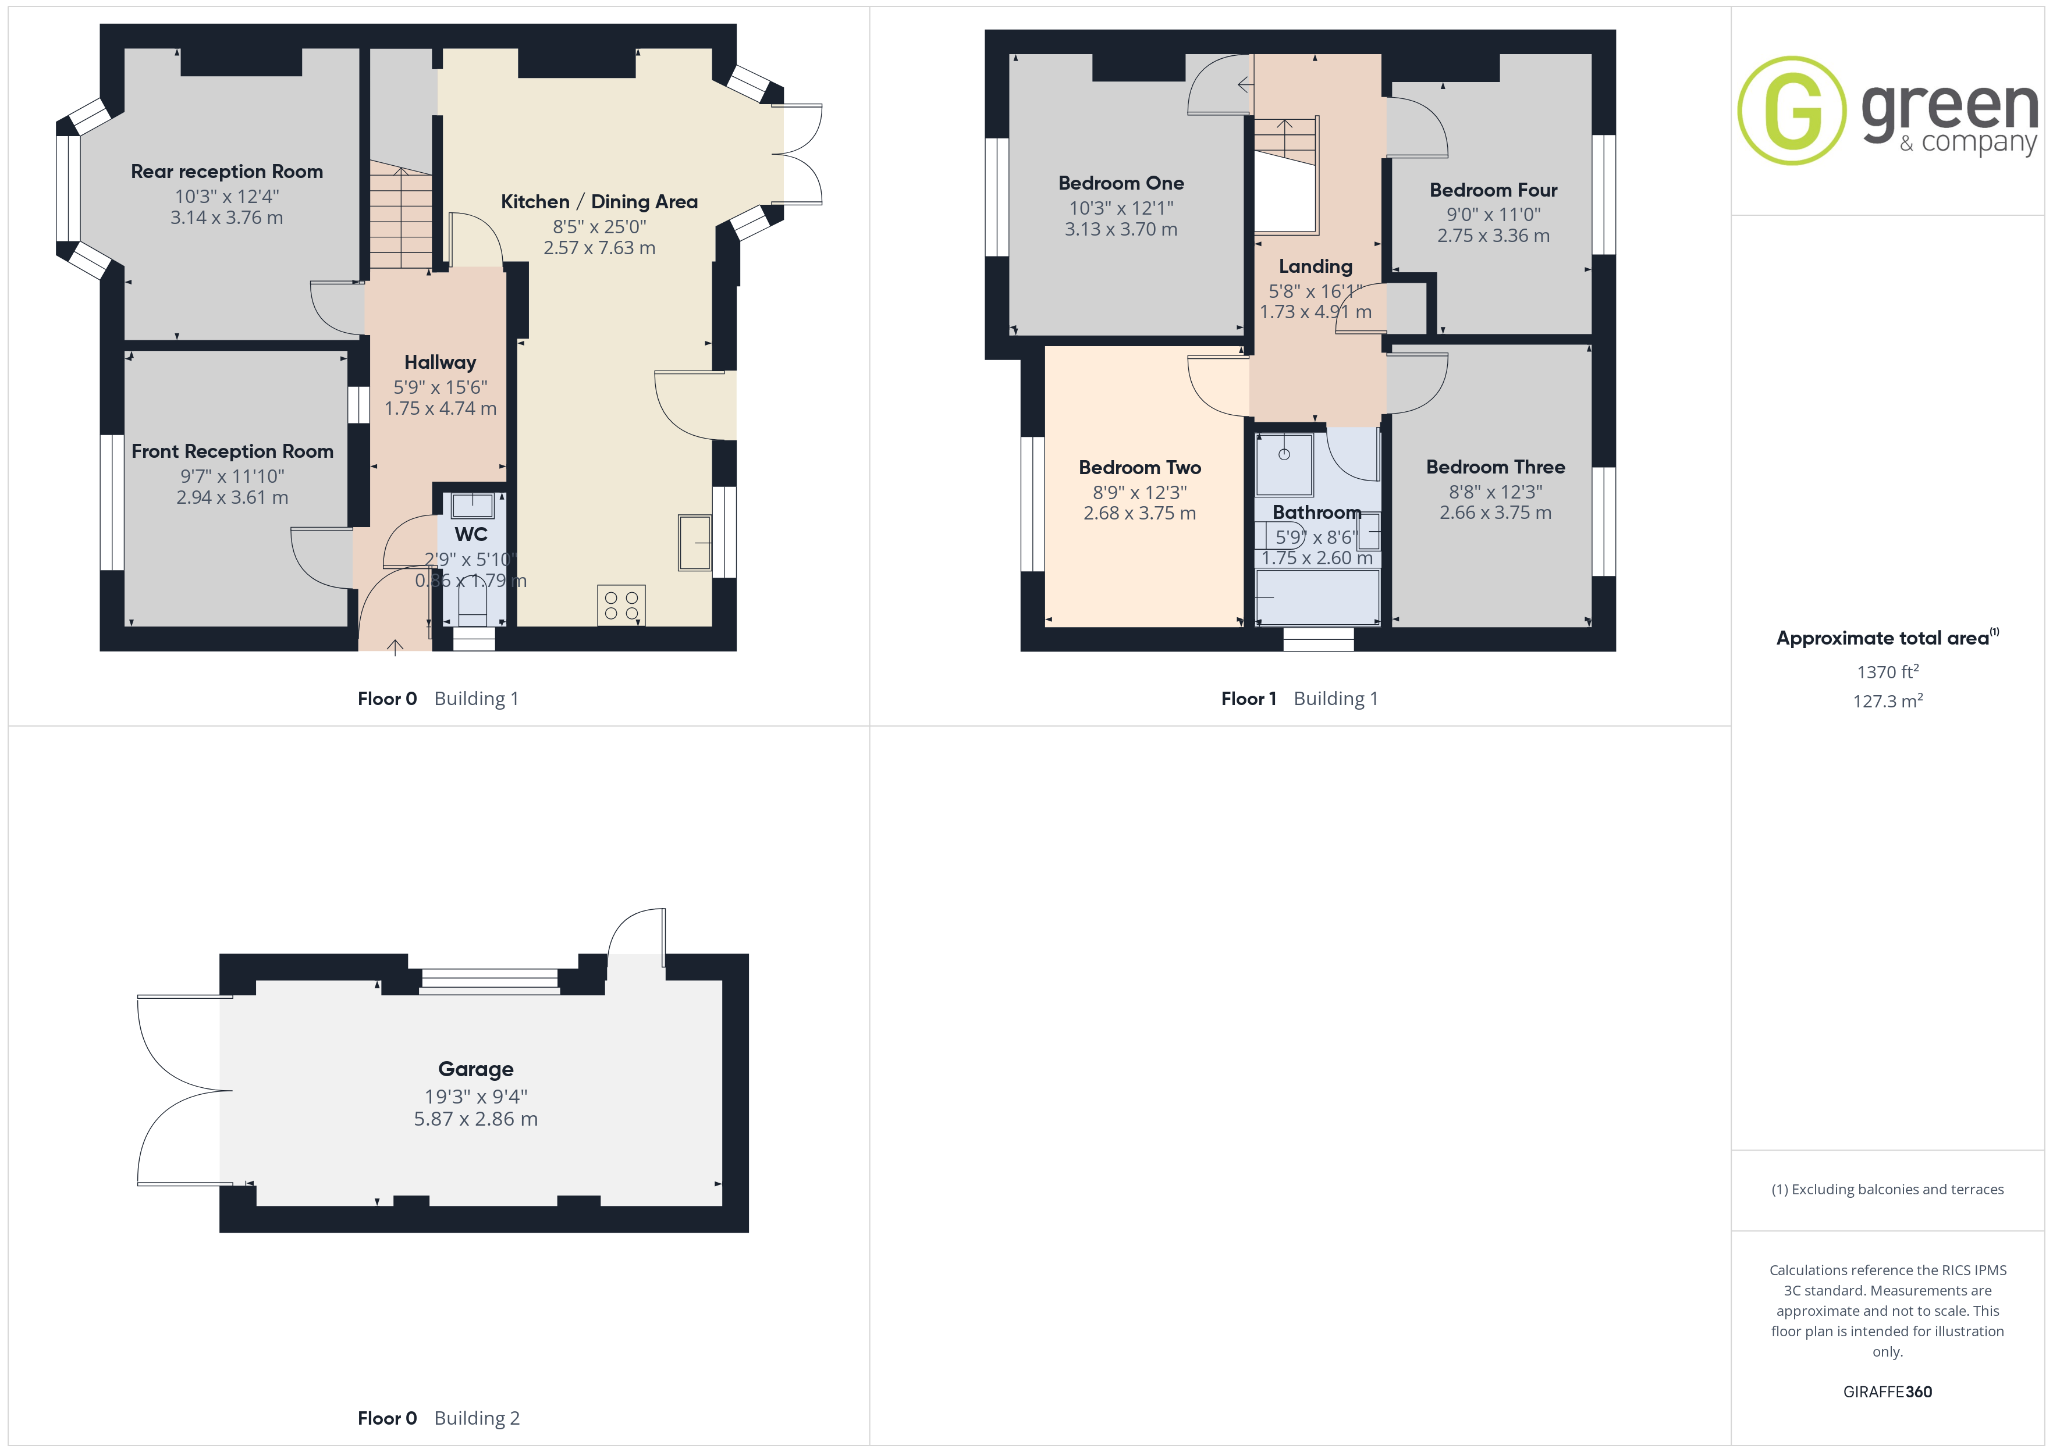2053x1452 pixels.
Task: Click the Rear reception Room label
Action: point(227,172)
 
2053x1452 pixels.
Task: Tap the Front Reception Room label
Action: point(233,451)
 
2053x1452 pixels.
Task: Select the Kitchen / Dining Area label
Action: point(599,202)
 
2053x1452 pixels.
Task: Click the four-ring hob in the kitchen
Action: point(621,606)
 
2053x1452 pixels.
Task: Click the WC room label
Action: point(471,535)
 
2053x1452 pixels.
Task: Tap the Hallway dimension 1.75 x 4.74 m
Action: point(441,408)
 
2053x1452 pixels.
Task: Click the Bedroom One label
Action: point(1121,183)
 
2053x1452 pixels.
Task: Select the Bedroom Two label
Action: point(1140,468)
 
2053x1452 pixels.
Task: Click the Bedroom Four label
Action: point(1493,190)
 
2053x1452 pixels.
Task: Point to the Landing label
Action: point(1315,266)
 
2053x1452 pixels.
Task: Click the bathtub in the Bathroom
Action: point(1318,596)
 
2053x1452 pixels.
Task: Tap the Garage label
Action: point(475,1069)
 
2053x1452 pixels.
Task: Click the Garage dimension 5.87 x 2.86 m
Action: point(475,1119)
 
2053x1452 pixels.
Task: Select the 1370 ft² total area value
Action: point(1888,671)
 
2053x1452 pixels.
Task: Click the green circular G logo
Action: point(1792,111)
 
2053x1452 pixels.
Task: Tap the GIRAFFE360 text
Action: point(1888,1392)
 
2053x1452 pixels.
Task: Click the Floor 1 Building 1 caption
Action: point(1299,699)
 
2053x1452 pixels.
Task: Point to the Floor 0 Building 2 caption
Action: point(438,1419)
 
